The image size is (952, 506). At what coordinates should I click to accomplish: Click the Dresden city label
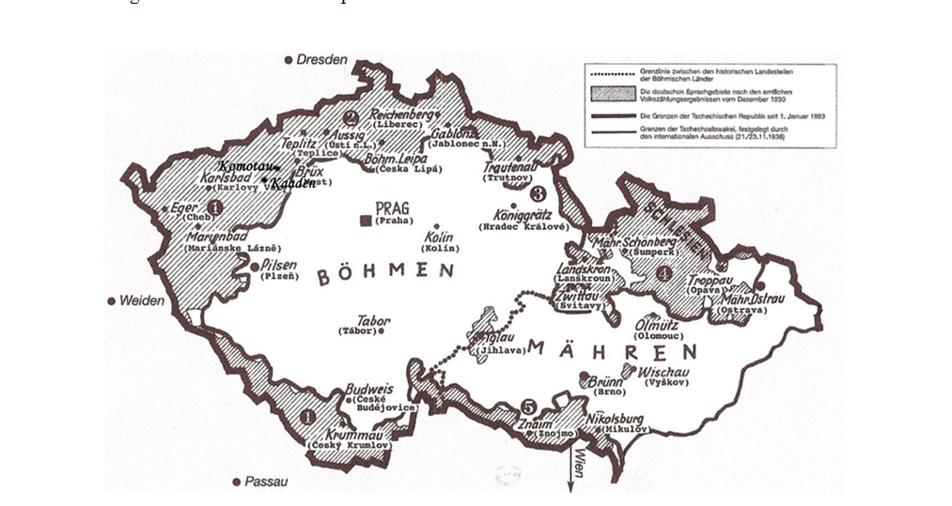[x=322, y=59]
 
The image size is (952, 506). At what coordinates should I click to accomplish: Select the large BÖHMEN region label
[x=385, y=274]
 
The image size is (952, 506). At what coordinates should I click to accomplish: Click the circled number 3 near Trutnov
[x=538, y=194]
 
